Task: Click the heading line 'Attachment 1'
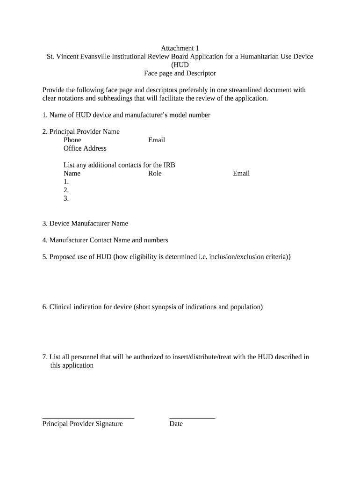[180, 48]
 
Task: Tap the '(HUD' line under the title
[180, 65]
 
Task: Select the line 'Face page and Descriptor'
[180, 73]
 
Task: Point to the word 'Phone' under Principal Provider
[72, 140]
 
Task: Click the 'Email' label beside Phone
[157, 140]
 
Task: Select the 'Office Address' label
[85, 148]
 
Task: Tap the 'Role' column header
[155, 174]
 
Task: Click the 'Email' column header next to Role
[241, 174]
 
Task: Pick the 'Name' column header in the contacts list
[72, 174]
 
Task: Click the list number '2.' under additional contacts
[66, 190]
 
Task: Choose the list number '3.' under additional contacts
[66, 199]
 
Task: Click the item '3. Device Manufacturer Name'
[85, 224]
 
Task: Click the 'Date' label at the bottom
[176, 424]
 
